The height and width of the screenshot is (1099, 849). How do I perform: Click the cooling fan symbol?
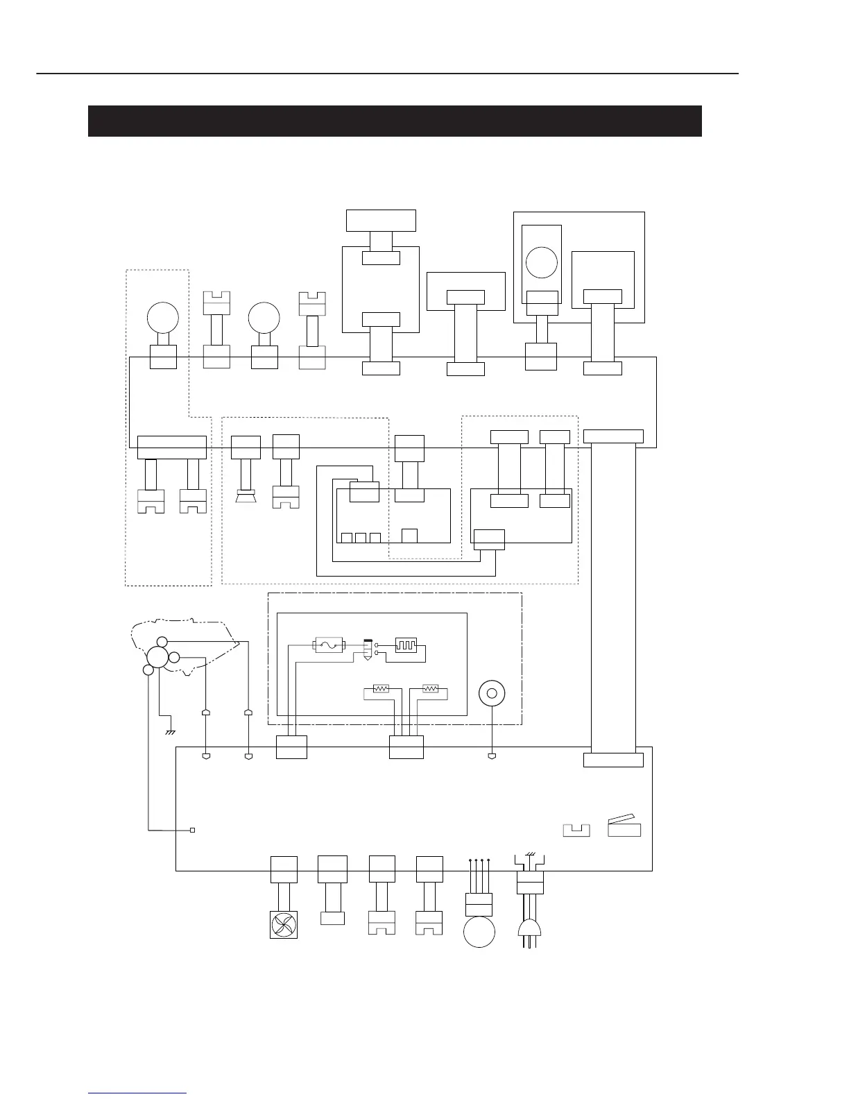283,923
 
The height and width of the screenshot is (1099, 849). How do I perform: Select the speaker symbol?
246,496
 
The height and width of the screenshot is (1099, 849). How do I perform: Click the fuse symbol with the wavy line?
329,646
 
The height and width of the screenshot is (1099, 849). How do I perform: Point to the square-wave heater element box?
405,646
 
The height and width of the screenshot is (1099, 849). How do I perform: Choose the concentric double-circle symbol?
492,693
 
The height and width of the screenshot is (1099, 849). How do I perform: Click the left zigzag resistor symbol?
381,689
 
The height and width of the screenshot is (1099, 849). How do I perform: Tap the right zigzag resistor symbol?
431,689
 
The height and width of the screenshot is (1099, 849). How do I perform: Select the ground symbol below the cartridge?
169,732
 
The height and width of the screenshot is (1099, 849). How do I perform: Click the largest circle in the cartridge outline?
157,658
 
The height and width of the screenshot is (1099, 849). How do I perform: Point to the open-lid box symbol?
624,827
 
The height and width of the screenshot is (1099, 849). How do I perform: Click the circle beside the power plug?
479,932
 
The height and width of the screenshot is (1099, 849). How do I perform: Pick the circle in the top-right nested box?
542,263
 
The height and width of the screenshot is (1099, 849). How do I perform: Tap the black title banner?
395,121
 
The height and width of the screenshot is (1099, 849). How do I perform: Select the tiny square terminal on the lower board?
193,830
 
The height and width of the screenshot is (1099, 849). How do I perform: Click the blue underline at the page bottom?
137,1093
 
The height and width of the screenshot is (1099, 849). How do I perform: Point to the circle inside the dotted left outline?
163,318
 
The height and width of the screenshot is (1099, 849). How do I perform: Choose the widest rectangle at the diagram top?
381,220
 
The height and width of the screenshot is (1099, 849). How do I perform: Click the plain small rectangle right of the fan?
333,917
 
